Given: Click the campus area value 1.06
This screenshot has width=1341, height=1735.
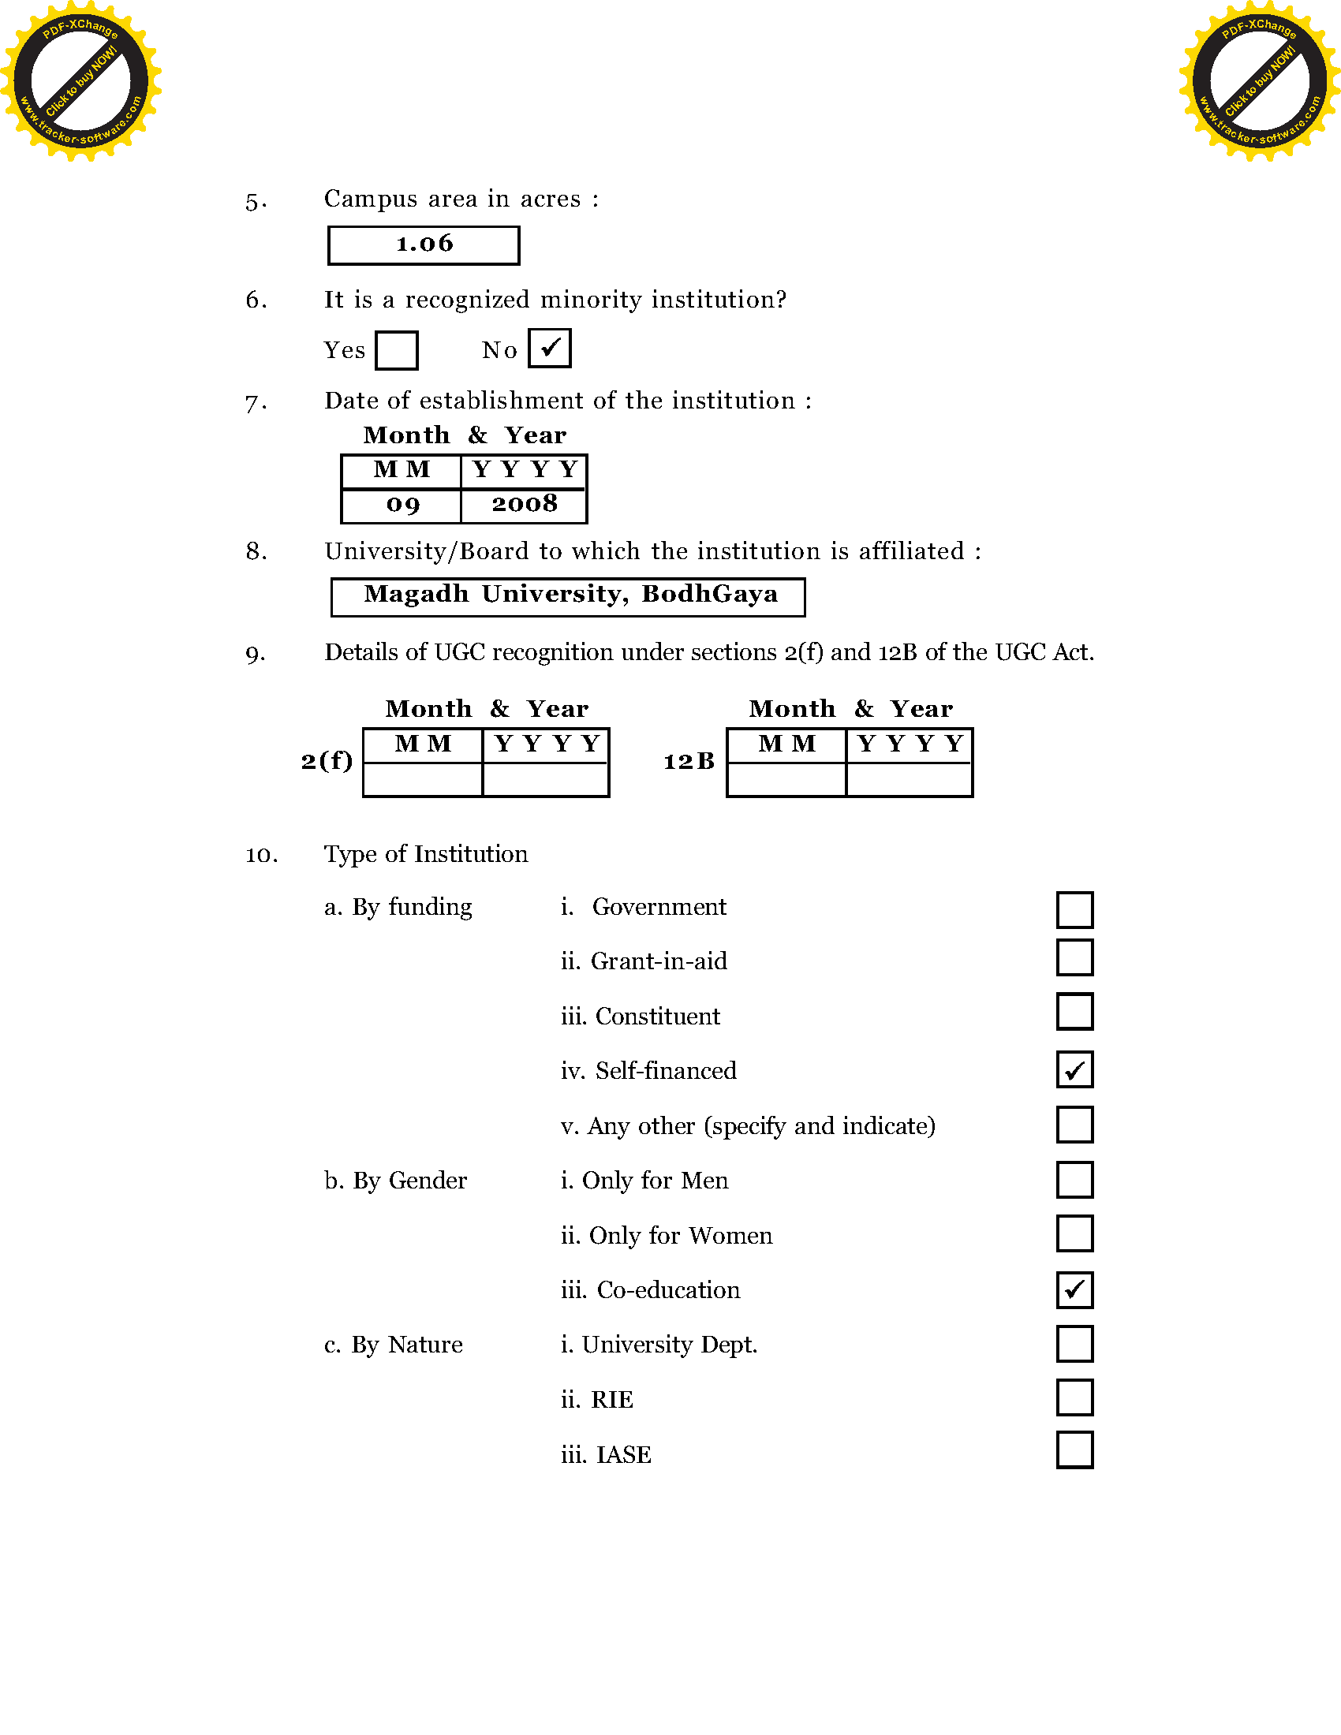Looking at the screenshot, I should point(424,244).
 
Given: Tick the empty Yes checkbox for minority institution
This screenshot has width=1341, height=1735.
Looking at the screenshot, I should point(397,350).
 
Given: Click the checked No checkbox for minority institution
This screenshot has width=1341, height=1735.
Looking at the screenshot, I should point(550,349).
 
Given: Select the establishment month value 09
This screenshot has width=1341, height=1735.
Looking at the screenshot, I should point(402,506).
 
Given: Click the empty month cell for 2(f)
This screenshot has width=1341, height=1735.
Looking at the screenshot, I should point(423,779).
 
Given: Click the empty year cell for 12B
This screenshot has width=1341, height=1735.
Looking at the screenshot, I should point(909,779).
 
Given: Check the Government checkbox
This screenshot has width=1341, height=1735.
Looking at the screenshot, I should point(1074,909).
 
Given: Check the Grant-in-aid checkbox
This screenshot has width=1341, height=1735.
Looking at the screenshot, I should point(1074,958).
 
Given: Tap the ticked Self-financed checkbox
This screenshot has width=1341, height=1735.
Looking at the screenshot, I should point(1074,1069).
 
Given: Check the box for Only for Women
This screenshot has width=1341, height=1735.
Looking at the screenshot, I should point(1074,1233).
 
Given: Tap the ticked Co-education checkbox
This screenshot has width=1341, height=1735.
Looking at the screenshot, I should point(1074,1289).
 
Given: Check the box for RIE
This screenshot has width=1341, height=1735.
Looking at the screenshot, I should point(1074,1397).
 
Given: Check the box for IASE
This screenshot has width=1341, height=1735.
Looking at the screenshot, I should point(1074,1450).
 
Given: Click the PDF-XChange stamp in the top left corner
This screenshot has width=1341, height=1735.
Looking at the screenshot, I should point(81,81).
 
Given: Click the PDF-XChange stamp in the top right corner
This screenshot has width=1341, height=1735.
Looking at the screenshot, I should point(1259,81).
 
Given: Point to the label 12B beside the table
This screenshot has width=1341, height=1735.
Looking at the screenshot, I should point(689,762).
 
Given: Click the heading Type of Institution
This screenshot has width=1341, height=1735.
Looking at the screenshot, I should point(426,854).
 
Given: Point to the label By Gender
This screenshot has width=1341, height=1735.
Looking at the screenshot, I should point(396,1181).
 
